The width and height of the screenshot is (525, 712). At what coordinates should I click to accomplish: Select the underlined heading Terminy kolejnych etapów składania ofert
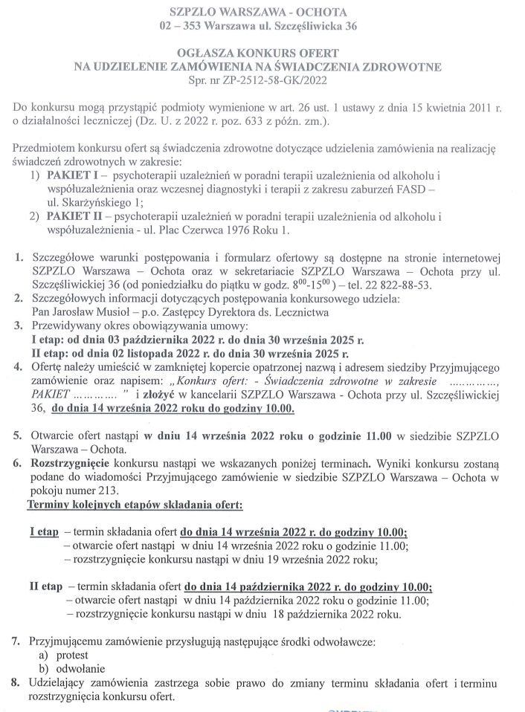coord(135,505)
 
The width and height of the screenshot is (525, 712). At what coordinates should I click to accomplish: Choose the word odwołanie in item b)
coord(79,669)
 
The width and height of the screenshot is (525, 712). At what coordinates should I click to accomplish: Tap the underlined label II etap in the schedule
coord(45,586)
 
